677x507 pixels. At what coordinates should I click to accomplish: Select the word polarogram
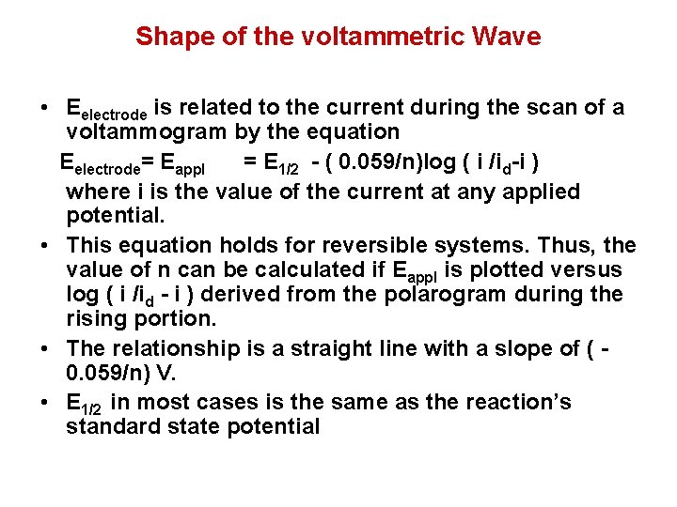tap(446, 295)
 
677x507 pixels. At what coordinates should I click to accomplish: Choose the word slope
tap(520, 349)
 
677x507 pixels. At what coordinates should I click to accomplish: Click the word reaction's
tap(521, 403)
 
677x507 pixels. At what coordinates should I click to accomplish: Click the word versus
tap(588, 270)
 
